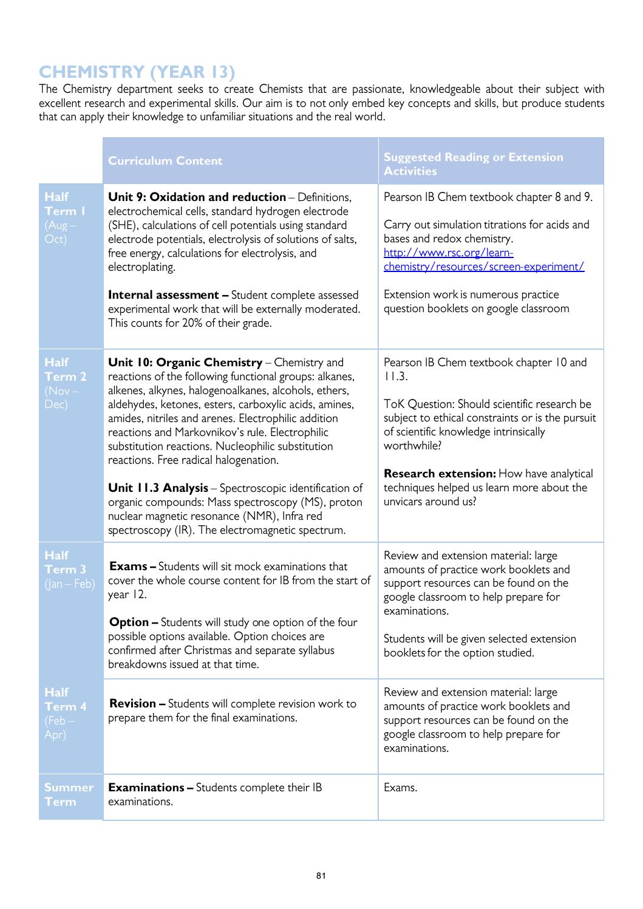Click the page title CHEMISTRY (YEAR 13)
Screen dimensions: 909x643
point(137,72)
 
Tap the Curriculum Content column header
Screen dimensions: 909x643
point(165,161)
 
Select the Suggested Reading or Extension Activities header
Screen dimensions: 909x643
point(474,164)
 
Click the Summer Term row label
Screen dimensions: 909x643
point(69,794)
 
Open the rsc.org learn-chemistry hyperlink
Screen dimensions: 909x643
point(483,259)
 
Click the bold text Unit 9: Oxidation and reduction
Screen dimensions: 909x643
point(196,197)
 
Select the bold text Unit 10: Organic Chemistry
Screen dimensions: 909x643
point(185,363)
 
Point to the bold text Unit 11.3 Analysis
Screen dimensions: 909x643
point(158,488)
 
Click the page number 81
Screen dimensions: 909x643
point(321,876)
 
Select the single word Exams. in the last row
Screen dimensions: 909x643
point(400,788)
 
